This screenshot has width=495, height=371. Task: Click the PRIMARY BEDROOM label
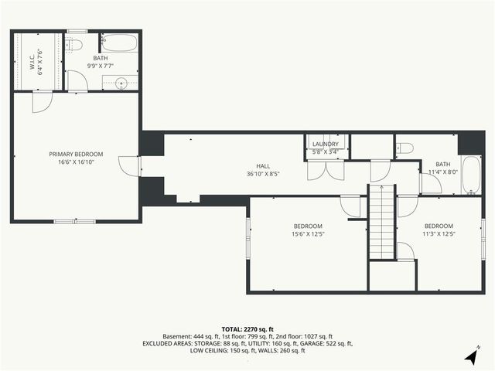click(x=76, y=154)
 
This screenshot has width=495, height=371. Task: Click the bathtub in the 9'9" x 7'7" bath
click(x=119, y=43)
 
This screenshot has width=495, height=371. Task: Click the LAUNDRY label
click(x=325, y=144)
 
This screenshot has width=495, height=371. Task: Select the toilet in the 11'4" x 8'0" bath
click(x=405, y=148)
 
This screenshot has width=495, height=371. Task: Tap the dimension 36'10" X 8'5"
click(x=264, y=174)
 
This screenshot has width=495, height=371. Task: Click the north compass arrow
click(x=471, y=356)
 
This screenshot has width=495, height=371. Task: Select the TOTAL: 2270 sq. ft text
click(x=247, y=328)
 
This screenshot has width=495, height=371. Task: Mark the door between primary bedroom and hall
click(x=129, y=165)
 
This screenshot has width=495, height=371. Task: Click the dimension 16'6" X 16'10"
click(x=76, y=162)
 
